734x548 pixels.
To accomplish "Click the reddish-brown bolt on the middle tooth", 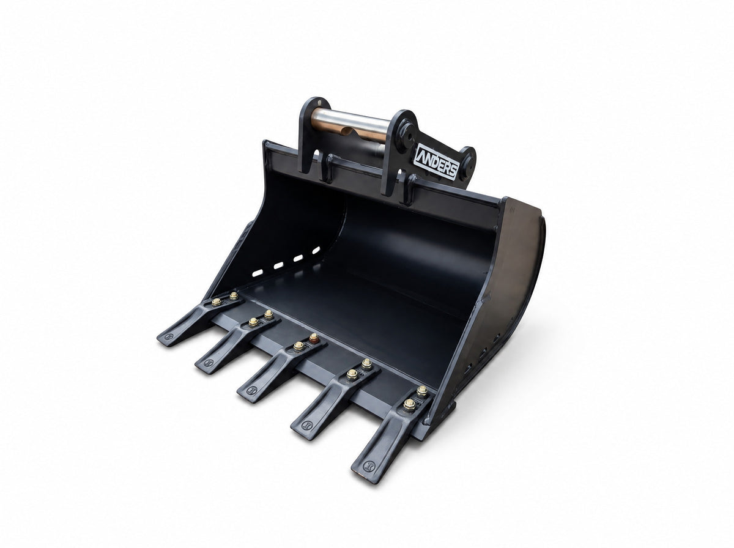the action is (314, 338).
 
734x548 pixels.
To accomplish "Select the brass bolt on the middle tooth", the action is (298, 346).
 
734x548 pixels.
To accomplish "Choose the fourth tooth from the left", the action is (335, 398).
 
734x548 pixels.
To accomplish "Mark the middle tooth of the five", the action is (281, 368).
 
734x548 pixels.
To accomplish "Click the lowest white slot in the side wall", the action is (257, 273).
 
